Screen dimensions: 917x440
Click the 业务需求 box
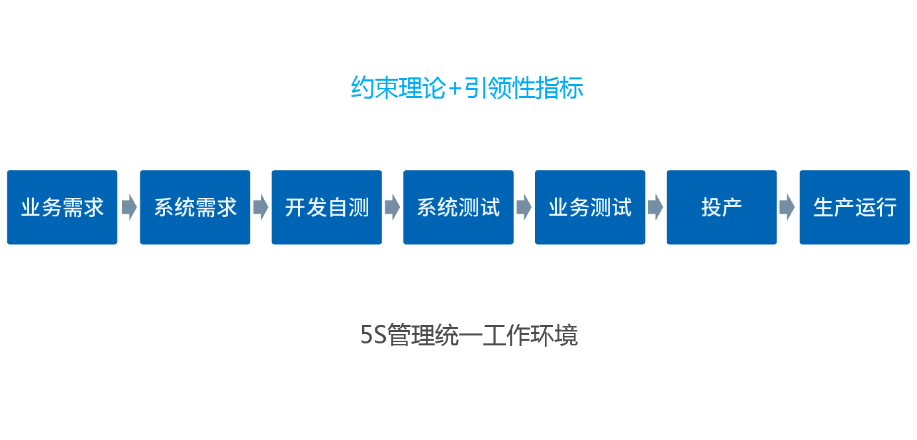[x=62, y=207]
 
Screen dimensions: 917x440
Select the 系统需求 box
[x=195, y=207]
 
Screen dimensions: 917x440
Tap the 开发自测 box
[x=326, y=207]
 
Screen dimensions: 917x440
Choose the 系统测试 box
[x=458, y=207]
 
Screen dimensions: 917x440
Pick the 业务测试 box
[x=590, y=207]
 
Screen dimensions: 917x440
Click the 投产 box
[x=722, y=207]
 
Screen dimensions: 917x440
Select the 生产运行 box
[x=855, y=207]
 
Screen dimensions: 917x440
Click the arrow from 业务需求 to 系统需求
[x=129, y=207]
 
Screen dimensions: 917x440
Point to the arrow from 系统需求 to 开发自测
[x=261, y=207]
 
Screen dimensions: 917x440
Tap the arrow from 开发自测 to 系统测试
[x=393, y=207]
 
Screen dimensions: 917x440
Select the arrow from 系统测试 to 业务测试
[x=524, y=207]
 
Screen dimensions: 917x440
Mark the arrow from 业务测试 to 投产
[x=656, y=207]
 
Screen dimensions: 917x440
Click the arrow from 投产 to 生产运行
[x=787, y=207]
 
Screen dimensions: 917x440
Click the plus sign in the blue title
[x=455, y=89]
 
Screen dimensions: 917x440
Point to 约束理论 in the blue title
[x=399, y=87]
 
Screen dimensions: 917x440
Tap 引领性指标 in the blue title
[x=524, y=87]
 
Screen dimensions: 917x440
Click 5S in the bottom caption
[x=373, y=335]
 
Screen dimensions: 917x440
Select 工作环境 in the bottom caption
[x=530, y=335]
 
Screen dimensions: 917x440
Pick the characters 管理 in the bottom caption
[x=410, y=335]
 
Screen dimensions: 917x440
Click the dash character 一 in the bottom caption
[x=470, y=336]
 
